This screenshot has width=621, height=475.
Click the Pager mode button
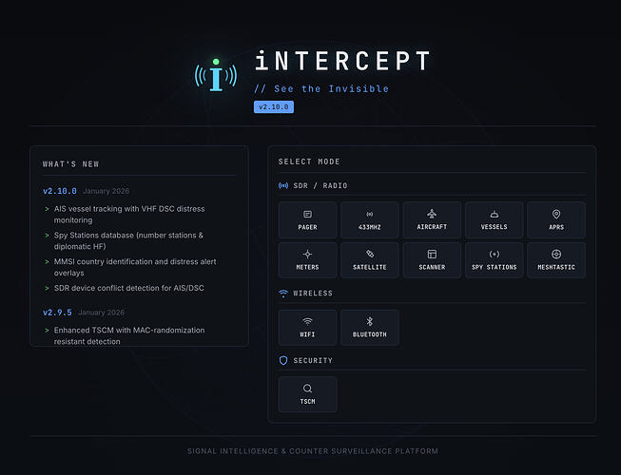click(x=307, y=219)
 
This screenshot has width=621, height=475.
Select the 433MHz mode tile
click(x=370, y=219)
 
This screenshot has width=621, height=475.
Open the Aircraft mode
click(x=432, y=219)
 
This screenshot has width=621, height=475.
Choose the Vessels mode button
click(x=494, y=219)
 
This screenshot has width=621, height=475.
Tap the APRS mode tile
click(x=556, y=219)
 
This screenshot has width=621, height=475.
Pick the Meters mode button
click(x=307, y=260)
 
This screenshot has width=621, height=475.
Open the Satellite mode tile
click(x=370, y=260)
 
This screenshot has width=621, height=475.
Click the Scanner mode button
click(x=432, y=260)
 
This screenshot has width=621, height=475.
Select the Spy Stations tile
click(x=494, y=260)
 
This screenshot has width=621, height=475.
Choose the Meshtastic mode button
click(x=556, y=260)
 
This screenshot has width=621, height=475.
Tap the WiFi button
click(x=307, y=328)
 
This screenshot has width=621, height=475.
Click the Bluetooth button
click(x=370, y=328)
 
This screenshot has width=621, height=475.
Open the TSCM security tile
click(x=307, y=394)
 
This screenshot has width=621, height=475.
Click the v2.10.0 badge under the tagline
click(x=274, y=106)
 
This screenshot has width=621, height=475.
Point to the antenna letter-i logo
click(x=216, y=75)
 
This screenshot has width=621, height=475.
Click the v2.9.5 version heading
click(x=57, y=313)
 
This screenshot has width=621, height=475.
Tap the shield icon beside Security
click(x=283, y=360)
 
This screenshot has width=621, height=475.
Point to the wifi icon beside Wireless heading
click(x=283, y=293)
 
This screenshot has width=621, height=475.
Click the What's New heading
click(x=71, y=164)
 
